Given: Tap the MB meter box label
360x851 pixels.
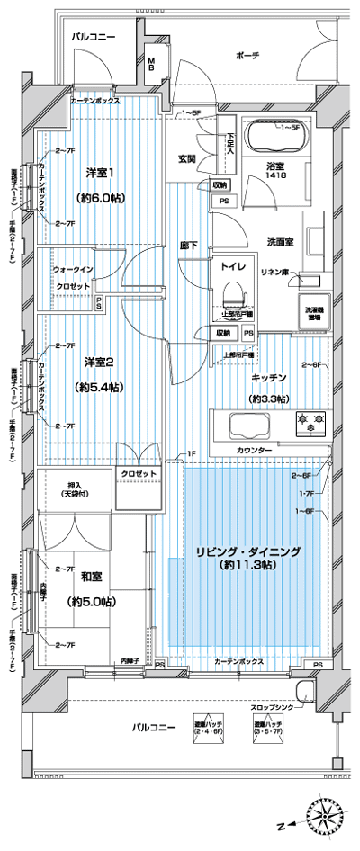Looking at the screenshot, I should click(x=152, y=65).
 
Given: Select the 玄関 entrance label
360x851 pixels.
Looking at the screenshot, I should click(x=187, y=158).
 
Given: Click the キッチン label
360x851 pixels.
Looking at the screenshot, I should click(x=268, y=379).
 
